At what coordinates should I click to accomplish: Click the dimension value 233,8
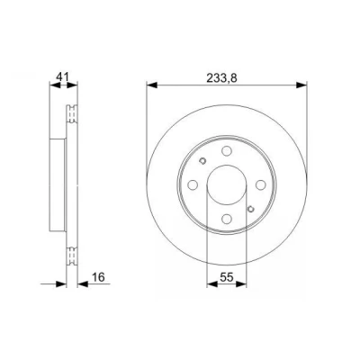222,78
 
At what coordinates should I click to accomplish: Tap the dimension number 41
63,76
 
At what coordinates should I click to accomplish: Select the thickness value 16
98,277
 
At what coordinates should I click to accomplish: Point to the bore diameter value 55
227,277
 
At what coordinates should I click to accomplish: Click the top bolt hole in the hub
227,150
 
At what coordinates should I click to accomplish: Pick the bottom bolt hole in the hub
227,219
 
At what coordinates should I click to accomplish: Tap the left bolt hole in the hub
193,184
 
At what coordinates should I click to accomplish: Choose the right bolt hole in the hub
261,184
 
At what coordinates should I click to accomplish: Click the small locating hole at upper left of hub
202,161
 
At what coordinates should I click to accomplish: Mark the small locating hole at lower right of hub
251,209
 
